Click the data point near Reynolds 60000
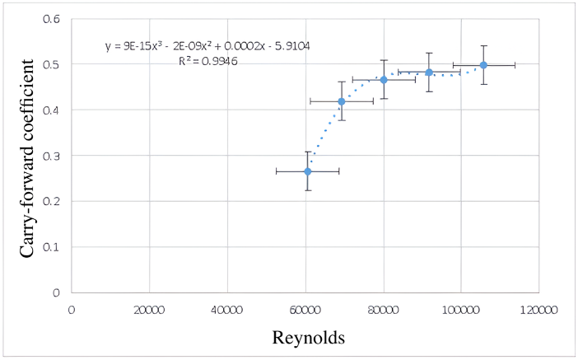pos(307,171)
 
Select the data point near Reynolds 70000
pos(342,101)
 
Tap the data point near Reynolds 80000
pos(384,80)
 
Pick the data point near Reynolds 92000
pos(429,72)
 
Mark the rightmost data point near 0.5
pos(483,65)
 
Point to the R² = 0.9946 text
pos(208,61)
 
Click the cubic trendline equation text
pos(207,46)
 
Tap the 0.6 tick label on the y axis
pos(52,19)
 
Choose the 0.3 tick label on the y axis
pos(52,156)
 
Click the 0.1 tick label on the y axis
pos(52,247)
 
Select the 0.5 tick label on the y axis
pos(52,64)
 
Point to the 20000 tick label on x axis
pos(149,309)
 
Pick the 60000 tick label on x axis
pos(305,309)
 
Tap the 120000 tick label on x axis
pos(540,309)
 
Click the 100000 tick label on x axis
pos(461,309)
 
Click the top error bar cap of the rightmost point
pos(483,46)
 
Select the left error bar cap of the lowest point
pos(276,171)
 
